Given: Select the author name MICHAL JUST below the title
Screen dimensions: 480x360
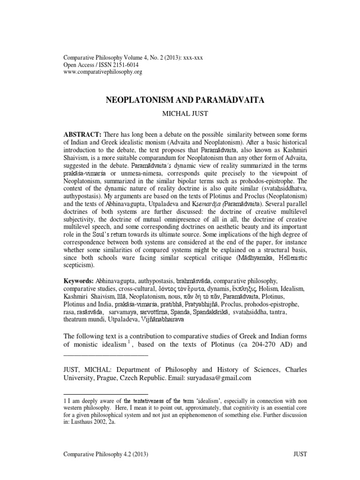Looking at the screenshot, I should coord(180,113).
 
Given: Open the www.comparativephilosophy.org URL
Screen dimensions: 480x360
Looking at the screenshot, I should coord(102,72).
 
